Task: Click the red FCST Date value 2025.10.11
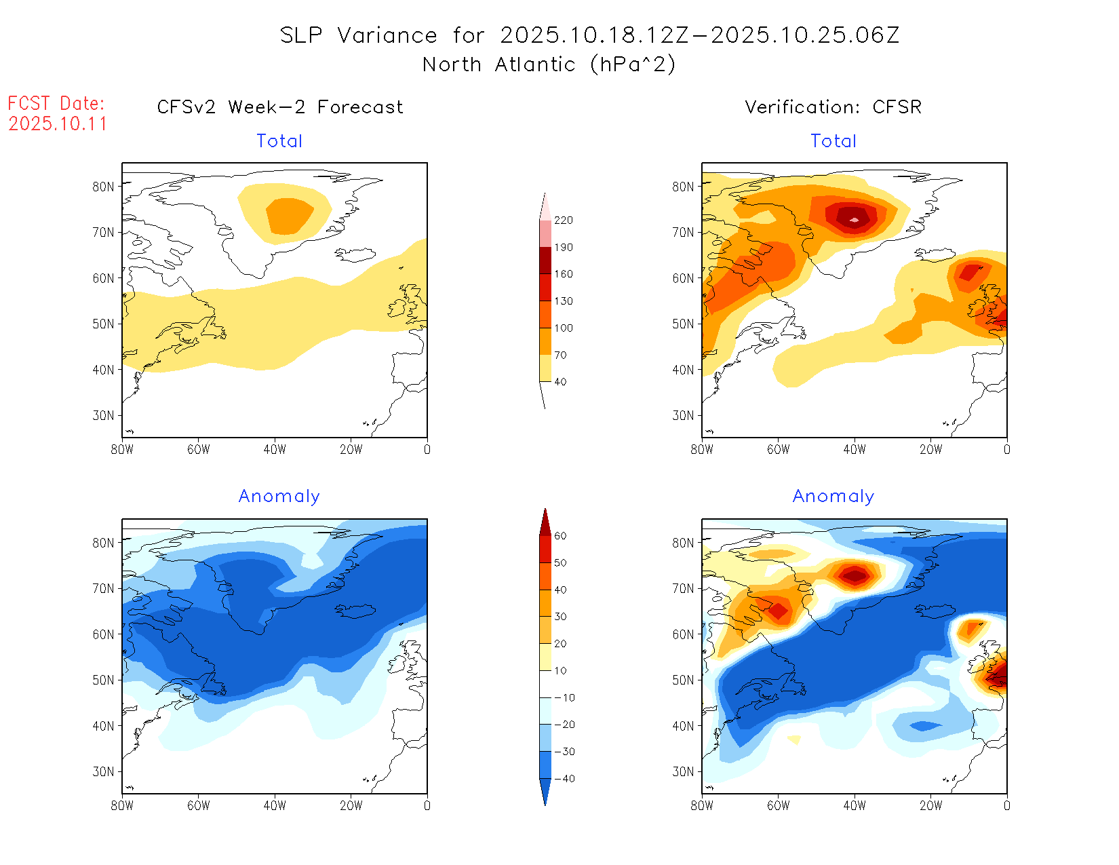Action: tap(58, 124)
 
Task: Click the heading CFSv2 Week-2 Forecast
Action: tap(279, 107)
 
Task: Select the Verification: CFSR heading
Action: tap(833, 107)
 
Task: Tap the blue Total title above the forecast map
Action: tap(279, 141)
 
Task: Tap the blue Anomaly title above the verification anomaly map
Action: tap(833, 497)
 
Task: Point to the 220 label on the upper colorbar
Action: tap(563, 220)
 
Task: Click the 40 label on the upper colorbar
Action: tap(560, 382)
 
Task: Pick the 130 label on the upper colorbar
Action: tap(563, 301)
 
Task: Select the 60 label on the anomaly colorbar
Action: tap(560, 536)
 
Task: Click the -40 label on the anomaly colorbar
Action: tap(564, 779)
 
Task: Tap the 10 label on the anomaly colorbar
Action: tap(560, 671)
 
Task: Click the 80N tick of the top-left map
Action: tap(103, 187)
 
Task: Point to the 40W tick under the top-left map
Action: tap(275, 449)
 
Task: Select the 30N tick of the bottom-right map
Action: tap(683, 771)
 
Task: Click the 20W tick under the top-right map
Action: tap(930, 449)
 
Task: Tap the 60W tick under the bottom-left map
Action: tap(198, 805)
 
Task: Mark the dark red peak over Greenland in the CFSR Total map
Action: tap(854, 218)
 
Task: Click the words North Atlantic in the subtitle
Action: tap(498, 65)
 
